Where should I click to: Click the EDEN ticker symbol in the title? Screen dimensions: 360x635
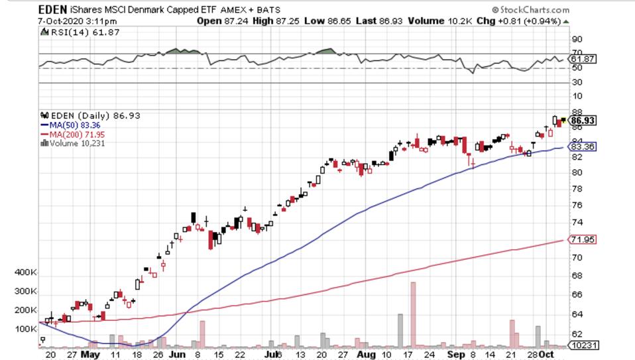53,9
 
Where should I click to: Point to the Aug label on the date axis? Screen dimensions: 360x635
366,355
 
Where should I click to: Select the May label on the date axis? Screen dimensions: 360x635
90,355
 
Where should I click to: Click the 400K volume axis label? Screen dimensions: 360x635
26,272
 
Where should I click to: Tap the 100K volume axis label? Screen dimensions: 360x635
26,329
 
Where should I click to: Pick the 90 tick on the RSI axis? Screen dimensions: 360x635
577,38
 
